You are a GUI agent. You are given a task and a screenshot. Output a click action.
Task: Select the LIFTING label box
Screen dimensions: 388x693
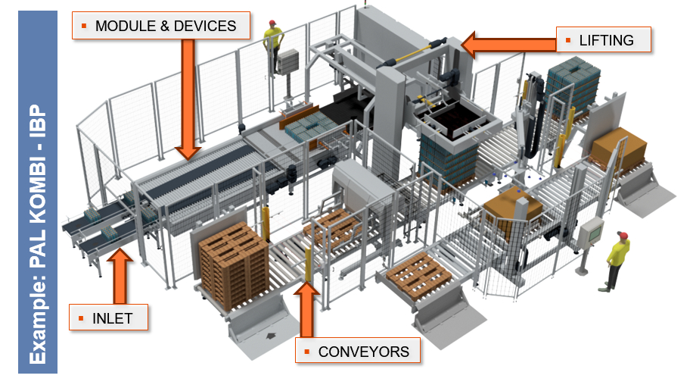(604, 40)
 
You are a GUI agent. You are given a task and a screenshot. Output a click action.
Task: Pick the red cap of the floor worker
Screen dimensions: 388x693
(623, 236)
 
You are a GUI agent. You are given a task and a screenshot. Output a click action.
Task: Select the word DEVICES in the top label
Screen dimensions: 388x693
(204, 26)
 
